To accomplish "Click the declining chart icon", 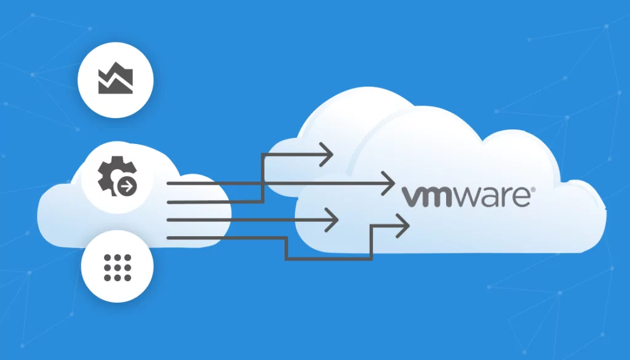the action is click(116, 78).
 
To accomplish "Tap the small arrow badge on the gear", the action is click(127, 186).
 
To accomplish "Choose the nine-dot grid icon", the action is click(118, 267).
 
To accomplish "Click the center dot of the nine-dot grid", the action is click(118, 267).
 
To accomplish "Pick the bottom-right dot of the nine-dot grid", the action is click(127, 278).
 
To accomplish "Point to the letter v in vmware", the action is click(411, 197).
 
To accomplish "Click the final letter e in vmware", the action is click(522, 197).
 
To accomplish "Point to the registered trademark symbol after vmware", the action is click(533, 190).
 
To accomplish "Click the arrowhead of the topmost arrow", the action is click(327, 154).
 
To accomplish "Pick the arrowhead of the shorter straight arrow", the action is click(332, 220).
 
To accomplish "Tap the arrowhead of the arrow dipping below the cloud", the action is click(403, 226).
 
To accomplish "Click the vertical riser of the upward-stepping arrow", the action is click(262, 178).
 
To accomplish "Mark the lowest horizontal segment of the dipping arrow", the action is click(329, 258).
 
